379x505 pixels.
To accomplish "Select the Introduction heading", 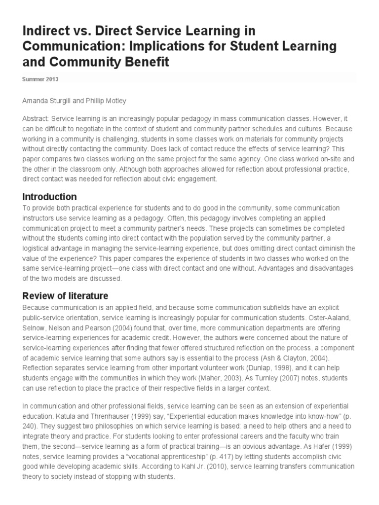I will pos(49,197).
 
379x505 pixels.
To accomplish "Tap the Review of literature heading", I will pos(65,296).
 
